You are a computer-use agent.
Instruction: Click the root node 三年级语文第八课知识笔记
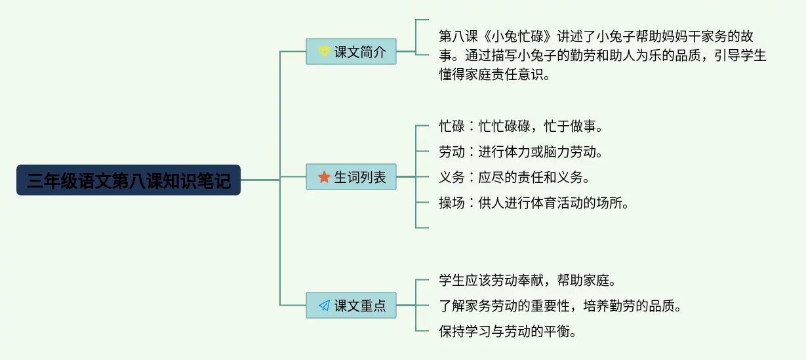tap(129, 180)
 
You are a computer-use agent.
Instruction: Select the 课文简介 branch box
tap(351, 51)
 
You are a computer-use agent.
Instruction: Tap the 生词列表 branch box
tap(351, 176)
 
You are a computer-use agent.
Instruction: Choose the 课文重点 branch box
tap(351, 306)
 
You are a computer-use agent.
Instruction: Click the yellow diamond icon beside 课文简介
tap(324, 51)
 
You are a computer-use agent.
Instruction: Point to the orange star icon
tap(324, 176)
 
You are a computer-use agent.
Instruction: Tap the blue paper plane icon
tap(324, 306)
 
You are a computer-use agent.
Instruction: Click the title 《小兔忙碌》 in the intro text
tap(517, 36)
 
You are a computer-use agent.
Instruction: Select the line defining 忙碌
tap(521, 127)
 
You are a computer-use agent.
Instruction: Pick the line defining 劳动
tap(521, 151)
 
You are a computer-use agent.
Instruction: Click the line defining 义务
tap(514, 177)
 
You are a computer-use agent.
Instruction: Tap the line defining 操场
tap(534, 203)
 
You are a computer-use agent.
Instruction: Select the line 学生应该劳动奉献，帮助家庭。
tap(527, 280)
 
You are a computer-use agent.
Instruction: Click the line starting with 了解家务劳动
tap(560, 306)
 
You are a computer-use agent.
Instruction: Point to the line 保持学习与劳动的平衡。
tap(508, 331)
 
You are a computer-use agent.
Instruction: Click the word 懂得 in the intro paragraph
tap(452, 75)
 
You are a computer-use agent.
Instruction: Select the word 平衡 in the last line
tap(557, 331)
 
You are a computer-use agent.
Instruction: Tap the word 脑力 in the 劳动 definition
tap(557, 151)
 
